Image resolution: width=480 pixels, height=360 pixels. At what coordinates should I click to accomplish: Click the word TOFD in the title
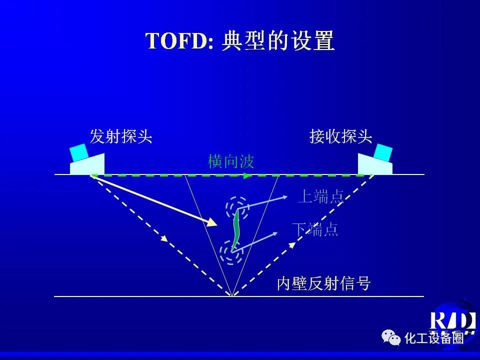click(x=176, y=40)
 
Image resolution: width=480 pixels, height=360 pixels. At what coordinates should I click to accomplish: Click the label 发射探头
click(x=121, y=136)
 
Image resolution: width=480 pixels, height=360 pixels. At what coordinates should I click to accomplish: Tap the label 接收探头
click(x=340, y=136)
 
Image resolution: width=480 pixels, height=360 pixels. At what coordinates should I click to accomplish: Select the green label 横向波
click(x=231, y=161)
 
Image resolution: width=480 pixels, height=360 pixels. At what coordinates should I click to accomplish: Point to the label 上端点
click(x=321, y=196)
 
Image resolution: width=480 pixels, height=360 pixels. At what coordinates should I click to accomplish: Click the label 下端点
click(x=315, y=229)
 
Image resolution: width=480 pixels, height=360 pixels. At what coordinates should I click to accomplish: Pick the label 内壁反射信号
click(x=323, y=283)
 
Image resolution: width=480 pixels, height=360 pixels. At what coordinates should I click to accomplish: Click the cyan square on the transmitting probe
click(x=79, y=152)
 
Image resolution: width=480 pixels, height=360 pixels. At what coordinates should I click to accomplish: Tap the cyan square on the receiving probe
click(x=383, y=152)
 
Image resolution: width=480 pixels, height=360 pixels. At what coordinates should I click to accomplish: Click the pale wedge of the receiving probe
click(x=375, y=165)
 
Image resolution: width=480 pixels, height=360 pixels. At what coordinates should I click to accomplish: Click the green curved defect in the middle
click(x=235, y=230)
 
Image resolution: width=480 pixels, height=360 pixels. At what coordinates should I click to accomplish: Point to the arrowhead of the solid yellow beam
click(x=212, y=222)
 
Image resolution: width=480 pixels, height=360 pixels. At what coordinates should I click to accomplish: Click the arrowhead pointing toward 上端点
click(x=284, y=197)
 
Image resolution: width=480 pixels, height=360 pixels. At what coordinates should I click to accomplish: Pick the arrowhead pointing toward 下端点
click(x=274, y=234)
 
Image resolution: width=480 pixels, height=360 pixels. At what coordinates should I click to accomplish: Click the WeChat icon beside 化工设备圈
click(x=391, y=337)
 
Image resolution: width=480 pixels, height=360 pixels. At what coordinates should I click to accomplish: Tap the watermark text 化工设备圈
click(x=434, y=338)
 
